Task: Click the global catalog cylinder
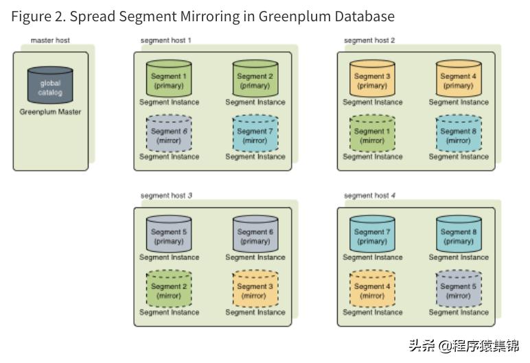50,86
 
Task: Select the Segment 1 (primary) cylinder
169,80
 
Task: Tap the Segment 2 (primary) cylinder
255,80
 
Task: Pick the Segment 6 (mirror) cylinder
169,134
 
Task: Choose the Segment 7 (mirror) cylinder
255,134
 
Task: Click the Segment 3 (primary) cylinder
372,80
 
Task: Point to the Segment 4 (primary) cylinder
458,80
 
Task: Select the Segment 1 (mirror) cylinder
372,134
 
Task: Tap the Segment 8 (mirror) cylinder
458,134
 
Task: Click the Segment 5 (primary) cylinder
169,235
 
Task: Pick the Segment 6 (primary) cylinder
255,235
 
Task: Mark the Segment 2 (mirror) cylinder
169,290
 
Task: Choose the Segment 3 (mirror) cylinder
255,290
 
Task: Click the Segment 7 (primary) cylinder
372,235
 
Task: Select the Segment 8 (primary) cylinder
458,235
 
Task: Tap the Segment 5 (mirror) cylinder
458,290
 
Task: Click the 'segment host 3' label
166,196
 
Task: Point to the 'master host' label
50,40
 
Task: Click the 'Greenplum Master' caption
50,112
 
